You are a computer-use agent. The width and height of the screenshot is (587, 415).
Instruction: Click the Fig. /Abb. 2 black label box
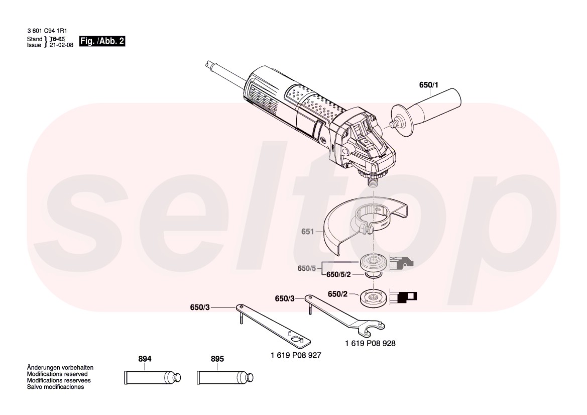coord(102,41)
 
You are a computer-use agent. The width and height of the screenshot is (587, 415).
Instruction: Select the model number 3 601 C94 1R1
coord(47,31)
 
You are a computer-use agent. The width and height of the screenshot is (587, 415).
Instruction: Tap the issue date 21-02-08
coord(61,45)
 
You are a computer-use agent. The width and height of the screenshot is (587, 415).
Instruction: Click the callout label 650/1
coord(429,85)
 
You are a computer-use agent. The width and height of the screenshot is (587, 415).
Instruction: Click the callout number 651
coord(307,232)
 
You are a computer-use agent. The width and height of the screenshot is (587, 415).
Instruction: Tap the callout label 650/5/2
coord(338,274)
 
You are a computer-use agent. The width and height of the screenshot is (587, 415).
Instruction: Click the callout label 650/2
coord(337,294)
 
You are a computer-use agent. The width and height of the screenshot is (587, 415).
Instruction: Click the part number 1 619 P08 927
coord(296,355)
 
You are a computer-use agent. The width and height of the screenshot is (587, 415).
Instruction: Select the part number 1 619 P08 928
coord(370,344)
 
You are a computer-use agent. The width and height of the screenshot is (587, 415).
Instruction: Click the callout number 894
coord(145,359)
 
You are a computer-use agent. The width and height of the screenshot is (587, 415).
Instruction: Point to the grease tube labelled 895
coord(225,377)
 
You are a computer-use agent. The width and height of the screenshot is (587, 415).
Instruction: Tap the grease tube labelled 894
coord(152,377)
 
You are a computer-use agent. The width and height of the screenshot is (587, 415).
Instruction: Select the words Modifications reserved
coord(57,374)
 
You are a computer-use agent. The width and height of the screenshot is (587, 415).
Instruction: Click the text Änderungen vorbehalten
coord(60,368)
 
